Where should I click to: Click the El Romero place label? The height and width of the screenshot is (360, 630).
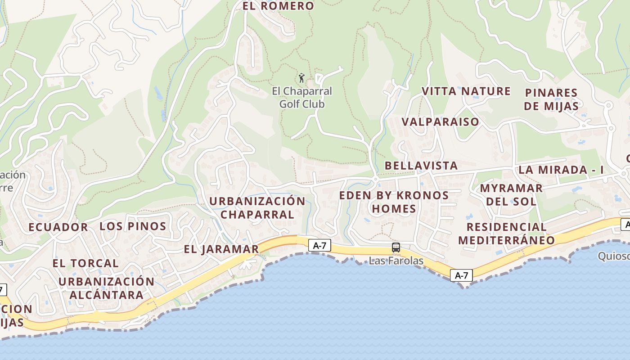(x=278, y=6)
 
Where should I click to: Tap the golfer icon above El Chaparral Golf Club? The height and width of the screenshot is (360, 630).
(x=301, y=78)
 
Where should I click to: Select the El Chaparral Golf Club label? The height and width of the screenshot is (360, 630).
(x=302, y=98)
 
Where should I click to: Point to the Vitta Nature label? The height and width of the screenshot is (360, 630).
(x=466, y=91)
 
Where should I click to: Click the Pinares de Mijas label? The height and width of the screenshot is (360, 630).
(x=551, y=99)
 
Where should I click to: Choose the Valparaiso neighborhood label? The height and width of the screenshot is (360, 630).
(x=440, y=122)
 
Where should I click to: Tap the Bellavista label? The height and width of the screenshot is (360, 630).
(x=421, y=166)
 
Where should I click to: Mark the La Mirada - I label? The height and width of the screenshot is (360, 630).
(x=561, y=170)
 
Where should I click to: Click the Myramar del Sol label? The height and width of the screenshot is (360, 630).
(x=511, y=194)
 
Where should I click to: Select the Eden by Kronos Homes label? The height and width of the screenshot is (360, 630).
(x=394, y=202)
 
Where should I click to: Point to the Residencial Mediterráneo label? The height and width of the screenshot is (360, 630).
(x=507, y=234)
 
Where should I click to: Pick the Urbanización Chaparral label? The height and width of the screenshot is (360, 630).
(x=257, y=207)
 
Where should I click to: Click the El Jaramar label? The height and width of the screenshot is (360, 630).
(x=221, y=249)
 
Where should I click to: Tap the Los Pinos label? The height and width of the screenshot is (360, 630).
(x=133, y=226)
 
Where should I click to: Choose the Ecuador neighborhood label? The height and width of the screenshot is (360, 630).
(x=58, y=227)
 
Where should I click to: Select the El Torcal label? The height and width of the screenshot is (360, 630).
(x=85, y=263)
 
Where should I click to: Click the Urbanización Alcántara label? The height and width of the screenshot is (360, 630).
(x=106, y=288)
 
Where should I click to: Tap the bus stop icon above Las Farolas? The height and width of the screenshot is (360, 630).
(x=396, y=247)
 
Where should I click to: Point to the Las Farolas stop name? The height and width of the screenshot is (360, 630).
(x=396, y=261)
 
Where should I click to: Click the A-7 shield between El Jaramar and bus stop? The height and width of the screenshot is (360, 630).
(x=319, y=245)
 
